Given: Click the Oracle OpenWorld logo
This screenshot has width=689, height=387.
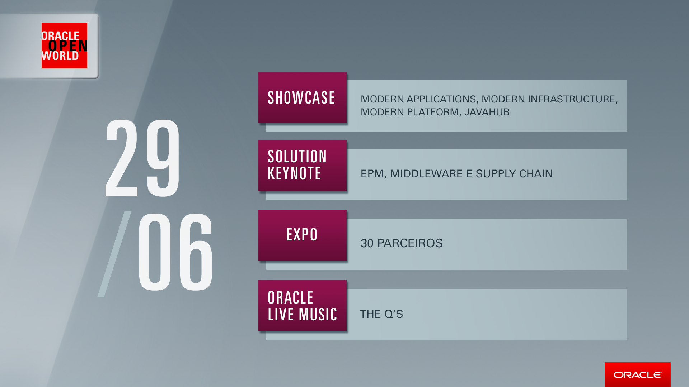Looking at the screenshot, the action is (64, 46).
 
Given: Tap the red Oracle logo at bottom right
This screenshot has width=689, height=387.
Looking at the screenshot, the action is (637, 374).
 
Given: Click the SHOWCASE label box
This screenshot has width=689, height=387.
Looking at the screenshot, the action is (303, 98).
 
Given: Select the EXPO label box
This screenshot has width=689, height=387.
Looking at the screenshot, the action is (303, 235).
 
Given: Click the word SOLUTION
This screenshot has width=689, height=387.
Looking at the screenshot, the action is (297, 157).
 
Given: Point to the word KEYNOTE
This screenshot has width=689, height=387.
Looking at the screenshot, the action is (294, 173).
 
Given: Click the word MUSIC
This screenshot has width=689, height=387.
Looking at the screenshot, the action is (318, 314).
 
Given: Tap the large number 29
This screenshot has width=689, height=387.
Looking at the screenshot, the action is (142, 158).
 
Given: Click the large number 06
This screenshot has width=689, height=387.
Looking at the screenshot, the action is (176, 252).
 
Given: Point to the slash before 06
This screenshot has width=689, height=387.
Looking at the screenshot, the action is (114, 254).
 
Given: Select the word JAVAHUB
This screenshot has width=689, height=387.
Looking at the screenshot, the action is (487, 112).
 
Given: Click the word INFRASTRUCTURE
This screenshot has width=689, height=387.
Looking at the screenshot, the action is (573, 99).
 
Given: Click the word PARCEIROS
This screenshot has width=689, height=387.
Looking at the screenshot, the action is (410, 243).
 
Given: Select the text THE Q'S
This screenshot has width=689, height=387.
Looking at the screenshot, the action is (381, 314).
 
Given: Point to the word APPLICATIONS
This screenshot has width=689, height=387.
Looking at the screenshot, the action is (442, 99).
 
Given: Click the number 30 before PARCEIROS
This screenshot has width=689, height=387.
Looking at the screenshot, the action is (367, 243).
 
